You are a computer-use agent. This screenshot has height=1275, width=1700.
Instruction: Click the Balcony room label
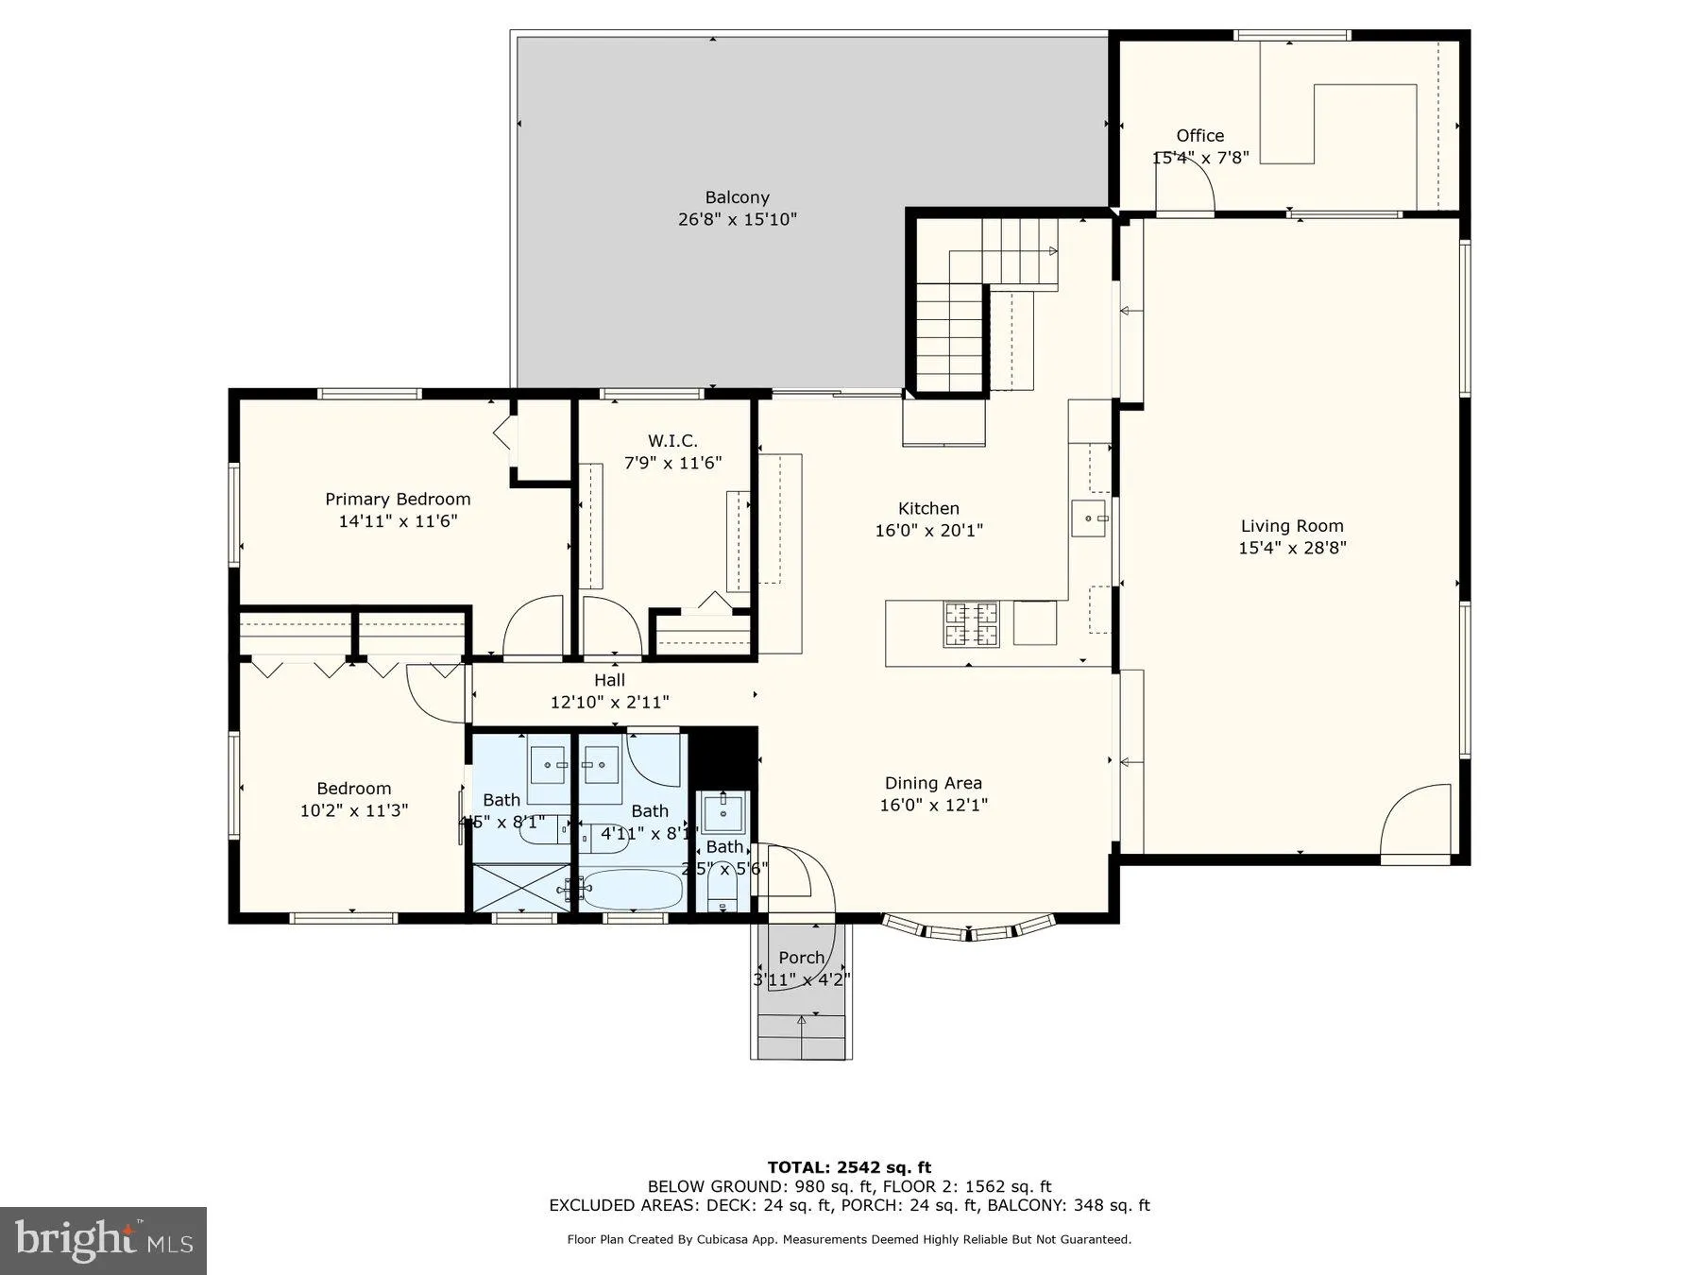pos(737,197)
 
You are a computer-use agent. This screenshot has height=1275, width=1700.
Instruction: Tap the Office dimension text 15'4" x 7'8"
pos(1200,158)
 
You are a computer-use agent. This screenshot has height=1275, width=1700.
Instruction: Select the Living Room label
pos(1291,526)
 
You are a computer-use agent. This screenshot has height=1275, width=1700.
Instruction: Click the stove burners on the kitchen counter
pos(970,622)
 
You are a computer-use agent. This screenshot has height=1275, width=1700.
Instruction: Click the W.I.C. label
pos(672,441)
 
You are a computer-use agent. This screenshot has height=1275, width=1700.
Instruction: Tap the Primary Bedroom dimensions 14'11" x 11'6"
pos(398,520)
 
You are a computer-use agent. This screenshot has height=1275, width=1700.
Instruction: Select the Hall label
pos(609,680)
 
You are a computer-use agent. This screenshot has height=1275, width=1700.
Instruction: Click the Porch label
pos(801,958)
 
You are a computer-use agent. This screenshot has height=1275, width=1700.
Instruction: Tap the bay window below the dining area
pos(968,929)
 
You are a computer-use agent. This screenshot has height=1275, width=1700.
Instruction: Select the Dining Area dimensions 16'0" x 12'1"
pos(933,805)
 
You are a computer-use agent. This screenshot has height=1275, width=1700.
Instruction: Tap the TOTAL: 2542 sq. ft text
pos(849,1167)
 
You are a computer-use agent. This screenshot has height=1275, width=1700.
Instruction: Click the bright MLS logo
pos(103,1240)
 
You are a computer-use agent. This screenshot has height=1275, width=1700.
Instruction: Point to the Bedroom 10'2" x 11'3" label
pos(353,789)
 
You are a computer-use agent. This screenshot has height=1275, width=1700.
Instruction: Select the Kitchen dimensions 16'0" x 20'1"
pos(928,531)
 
